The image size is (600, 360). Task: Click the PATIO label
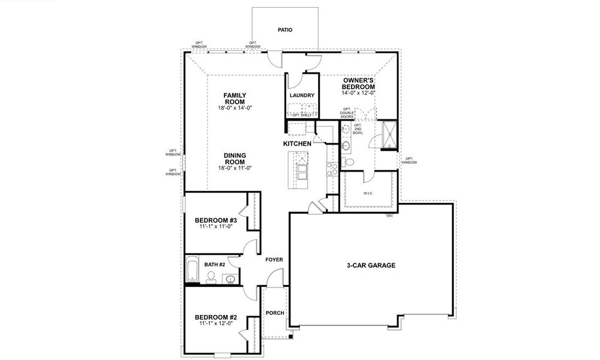(x=285, y=29)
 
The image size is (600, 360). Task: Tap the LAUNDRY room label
(x=302, y=95)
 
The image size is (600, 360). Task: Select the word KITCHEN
(x=297, y=144)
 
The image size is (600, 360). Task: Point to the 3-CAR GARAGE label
(x=371, y=265)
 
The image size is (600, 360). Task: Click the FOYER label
(x=274, y=260)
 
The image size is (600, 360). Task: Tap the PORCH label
(x=275, y=313)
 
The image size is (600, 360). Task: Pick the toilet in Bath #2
(x=211, y=277)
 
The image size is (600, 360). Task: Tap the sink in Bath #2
(x=230, y=278)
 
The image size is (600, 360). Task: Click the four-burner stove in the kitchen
(x=330, y=169)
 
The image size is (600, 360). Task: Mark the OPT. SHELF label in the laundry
(x=301, y=115)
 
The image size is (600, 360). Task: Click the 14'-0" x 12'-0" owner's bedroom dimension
(x=359, y=92)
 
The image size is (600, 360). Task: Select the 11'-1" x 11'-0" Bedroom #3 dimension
(x=217, y=227)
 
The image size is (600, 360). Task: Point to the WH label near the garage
(x=389, y=216)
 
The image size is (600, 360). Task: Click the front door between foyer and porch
(x=275, y=278)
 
